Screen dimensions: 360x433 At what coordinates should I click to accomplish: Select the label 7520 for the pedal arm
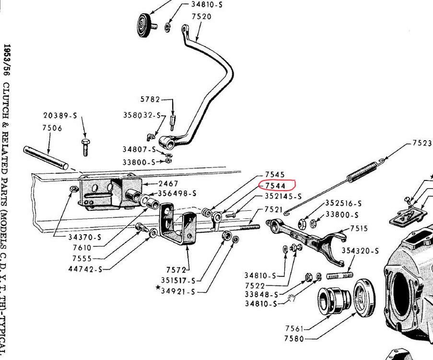coord(201,16)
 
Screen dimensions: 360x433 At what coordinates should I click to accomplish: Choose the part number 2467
coord(168,183)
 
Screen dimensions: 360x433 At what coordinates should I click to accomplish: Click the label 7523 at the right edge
coord(422,143)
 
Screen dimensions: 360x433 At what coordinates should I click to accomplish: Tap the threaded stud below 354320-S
coord(340,276)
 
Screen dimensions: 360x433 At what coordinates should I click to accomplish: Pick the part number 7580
coord(294,338)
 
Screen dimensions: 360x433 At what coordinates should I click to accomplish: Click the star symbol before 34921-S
coord(157,288)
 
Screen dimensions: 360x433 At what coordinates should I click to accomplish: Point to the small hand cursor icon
coord(291,299)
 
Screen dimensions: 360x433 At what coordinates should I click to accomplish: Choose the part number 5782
coord(151,100)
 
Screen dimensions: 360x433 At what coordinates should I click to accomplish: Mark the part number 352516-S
coord(343,203)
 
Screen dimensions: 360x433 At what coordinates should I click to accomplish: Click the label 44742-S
coord(85,268)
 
